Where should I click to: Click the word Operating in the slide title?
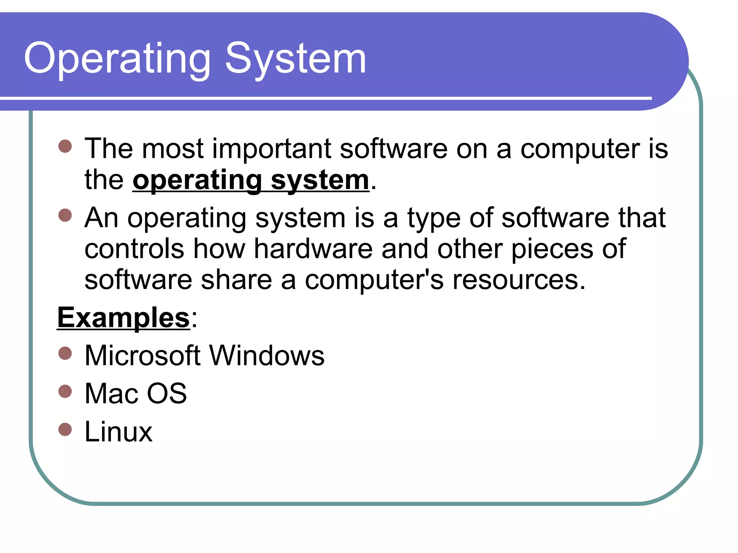117,59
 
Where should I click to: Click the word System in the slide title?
295,59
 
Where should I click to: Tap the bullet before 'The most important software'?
65,147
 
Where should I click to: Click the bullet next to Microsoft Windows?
65,353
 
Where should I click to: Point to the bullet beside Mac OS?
65,391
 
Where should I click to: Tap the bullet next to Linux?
65,429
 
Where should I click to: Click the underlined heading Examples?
123,318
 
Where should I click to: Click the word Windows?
267,356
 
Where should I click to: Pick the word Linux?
118,431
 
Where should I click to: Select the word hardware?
313,249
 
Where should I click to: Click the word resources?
519,280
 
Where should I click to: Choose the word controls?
134,249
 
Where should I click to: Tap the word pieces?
552,249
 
